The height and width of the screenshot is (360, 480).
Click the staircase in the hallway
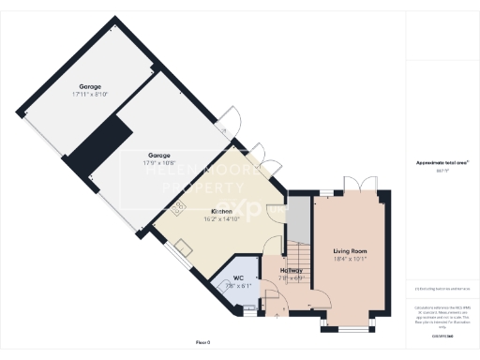(x=297, y=253)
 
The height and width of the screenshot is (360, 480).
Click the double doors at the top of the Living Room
(x=352, y=183)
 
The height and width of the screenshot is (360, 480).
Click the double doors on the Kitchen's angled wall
(x=261, y=157)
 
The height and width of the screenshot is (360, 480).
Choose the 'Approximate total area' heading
(x=442, y=163)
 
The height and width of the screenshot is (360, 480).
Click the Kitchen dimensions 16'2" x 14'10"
(x=221, y=218)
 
